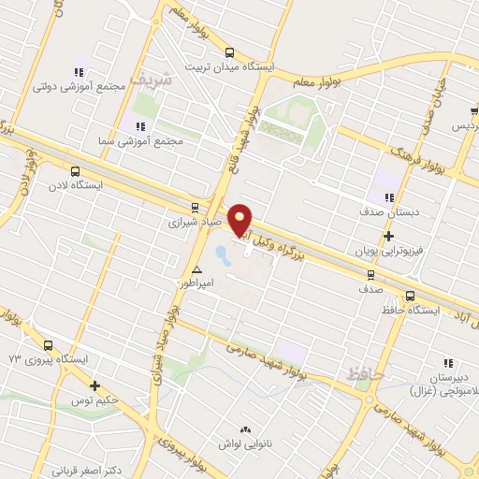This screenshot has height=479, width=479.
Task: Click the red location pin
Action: (240, 219)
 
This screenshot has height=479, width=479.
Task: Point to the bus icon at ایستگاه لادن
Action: (75, 171)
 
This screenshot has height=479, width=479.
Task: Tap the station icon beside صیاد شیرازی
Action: (195, 208)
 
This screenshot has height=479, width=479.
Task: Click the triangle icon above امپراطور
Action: (196, 269)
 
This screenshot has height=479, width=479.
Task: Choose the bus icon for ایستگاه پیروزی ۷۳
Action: (48, 345)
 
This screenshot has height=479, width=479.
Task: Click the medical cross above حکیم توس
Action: (94, 385)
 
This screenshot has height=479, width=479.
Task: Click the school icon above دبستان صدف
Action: (388, 196)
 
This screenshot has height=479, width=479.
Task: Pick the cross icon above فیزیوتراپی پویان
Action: (387, 236)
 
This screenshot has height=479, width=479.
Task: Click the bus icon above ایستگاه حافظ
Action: (410, 297)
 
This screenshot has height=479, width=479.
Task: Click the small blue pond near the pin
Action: (222, 254)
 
